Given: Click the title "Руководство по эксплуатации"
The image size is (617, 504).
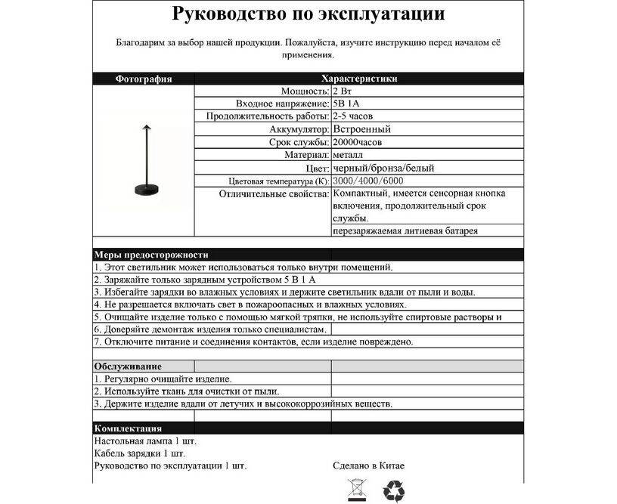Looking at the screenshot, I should click(x=308, y=14).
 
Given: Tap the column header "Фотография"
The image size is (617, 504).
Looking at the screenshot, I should click(x=144, y=79).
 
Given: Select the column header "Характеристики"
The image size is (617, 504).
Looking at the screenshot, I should click(x=359, y=79).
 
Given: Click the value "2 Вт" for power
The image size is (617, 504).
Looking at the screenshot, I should click(x=342, y=91).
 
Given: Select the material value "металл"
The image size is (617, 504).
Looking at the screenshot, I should click(x=348, y=155).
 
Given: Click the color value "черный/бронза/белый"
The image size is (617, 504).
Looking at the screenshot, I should click(x=383, y=168).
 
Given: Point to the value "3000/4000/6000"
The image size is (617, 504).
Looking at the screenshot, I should click(x=367, y=181).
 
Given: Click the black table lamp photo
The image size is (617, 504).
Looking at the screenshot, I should click(x=144, y=159).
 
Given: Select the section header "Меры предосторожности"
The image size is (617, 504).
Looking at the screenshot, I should click(x=152, y=255).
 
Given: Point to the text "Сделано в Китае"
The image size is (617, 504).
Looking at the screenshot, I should click(x=369, y=465).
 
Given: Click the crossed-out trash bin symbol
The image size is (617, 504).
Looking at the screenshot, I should click(x=355, y=490).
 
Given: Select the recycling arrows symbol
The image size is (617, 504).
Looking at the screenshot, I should click(x=394, y=490).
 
